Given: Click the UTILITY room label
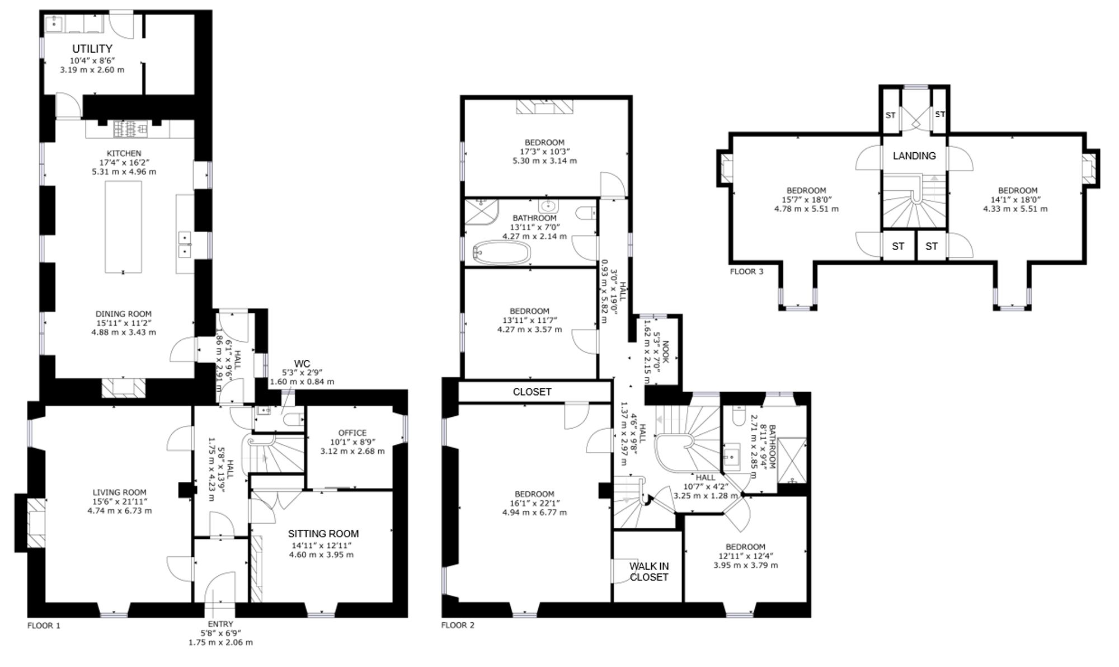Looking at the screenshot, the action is click(92, 49).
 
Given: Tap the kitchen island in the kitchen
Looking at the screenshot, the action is click(123, 227).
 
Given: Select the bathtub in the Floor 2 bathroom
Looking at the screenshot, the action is click(501, 252).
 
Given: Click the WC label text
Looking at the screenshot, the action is click(302, 364).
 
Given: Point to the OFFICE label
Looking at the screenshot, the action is click(352, 433).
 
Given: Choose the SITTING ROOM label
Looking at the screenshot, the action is click(323, 534).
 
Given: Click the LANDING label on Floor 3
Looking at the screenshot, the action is click(914, 156).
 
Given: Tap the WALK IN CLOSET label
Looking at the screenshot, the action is click(649, 571).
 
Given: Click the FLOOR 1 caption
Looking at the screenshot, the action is click(44, 626).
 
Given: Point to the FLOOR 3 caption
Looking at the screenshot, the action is click(746, 271).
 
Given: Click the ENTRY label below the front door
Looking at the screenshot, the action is click(220, 624).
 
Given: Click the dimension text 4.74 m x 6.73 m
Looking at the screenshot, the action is click(120, 510).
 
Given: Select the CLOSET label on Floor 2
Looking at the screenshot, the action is click(532, 392).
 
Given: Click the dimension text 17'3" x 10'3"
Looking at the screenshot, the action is click(544, 152).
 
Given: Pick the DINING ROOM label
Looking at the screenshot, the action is click(123, 314).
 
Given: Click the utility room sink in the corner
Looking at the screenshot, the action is click(54, 24).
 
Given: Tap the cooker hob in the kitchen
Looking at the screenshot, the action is click(130, 129).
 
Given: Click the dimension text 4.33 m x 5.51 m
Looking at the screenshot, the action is click(1015, 209).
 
